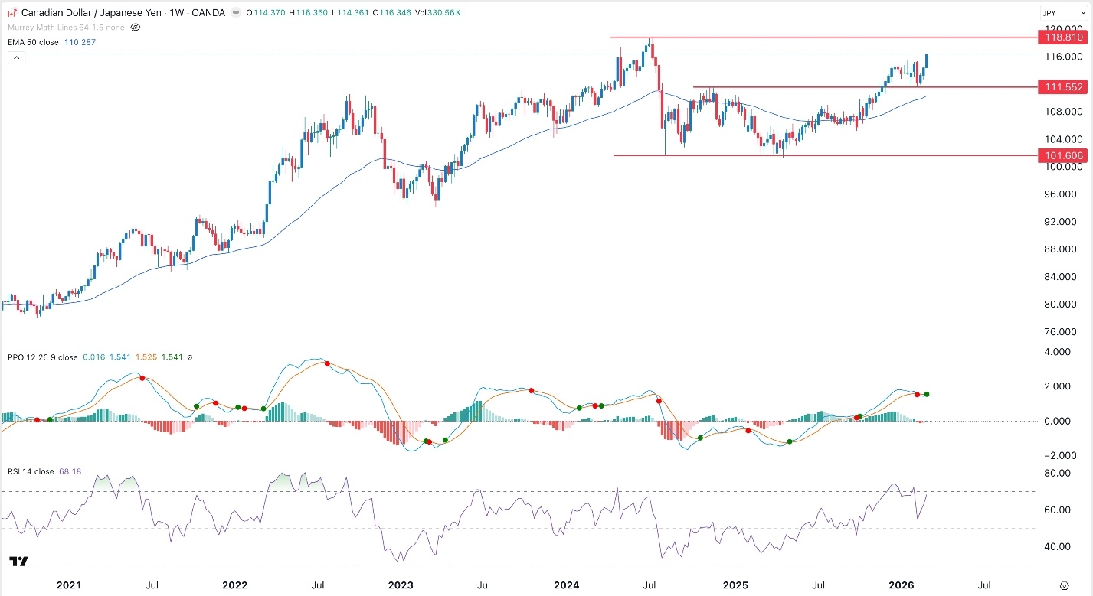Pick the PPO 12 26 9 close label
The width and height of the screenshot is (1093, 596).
(x=43, y=357)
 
